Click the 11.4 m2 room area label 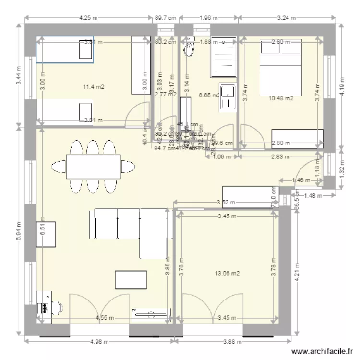94,87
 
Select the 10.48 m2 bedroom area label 281,98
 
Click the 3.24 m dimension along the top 287,18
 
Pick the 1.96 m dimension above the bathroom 208,18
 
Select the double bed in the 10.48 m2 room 281,67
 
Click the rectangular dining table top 93,166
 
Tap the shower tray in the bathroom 223,56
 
